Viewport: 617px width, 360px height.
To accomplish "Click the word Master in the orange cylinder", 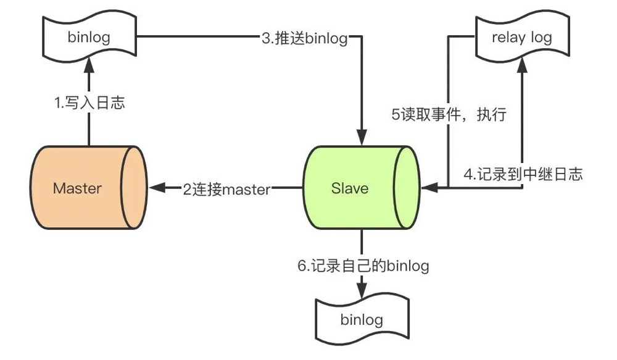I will (x=77, y=188).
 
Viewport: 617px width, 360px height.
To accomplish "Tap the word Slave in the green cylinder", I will (x=349, y=188).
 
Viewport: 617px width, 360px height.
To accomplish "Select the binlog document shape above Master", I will (x=89, y=37).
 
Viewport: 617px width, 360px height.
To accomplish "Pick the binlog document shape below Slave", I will (x=361, y=320).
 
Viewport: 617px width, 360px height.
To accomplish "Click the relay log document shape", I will (x=521, y=37).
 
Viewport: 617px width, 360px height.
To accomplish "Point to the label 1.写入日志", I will (x=89, y=103).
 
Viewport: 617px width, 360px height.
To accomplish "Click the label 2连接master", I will (x=226, y=189).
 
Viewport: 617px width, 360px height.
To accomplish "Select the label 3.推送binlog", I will (x=304, y=38).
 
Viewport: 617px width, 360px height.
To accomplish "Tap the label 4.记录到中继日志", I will (x=523, y=174).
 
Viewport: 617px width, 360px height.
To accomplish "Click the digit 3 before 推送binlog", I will (x=265, y=38).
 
